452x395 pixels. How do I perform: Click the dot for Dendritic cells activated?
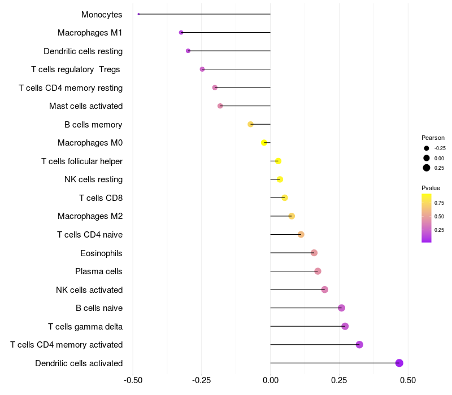pos(399,363)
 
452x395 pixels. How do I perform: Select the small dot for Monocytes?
pos(138,14)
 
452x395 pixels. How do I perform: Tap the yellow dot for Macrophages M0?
pos(264,143)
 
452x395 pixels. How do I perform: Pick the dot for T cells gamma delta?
pos(345,326)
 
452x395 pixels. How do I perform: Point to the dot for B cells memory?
pos(251,124)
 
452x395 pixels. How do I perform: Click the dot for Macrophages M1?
pos(181,33)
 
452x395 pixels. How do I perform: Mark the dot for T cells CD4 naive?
pos(301,234)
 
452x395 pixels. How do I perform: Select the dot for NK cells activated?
pos(325,289)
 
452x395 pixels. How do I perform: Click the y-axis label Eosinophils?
pos(102,253)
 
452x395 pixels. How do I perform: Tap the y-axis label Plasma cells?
pos(99,271)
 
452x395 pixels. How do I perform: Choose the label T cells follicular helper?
pos(82,161)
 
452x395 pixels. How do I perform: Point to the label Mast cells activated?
pos(86,106)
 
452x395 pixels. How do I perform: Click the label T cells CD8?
pos(101,198)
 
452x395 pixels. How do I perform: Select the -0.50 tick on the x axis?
pos(132,380)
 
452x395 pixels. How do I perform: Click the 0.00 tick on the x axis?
pos(271,380)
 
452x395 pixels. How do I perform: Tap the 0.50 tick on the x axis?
pos(407,380)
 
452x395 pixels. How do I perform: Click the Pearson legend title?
pos(433,138)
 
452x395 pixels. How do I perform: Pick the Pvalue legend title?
pos(431,188)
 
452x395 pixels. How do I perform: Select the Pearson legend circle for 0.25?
pos(427,168)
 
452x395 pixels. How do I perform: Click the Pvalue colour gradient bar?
pos(427,218)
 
